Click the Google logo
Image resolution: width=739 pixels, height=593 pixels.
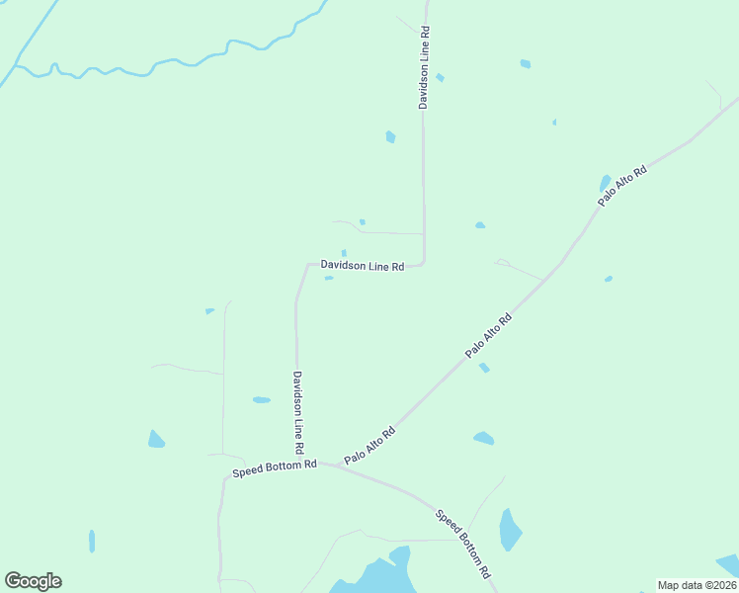point(33,581)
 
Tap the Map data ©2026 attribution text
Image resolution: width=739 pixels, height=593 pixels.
point(697,584)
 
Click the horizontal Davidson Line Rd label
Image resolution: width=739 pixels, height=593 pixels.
point(363,266)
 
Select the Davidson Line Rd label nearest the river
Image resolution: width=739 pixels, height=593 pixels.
point(424,67)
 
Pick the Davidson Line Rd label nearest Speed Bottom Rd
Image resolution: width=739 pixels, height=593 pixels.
point(296,405)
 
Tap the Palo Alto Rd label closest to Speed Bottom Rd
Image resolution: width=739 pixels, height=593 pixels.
point(369,446)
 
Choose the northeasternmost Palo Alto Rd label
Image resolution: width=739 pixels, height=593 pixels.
point(622,185)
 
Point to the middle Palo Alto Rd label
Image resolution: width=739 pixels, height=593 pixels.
point(490,335)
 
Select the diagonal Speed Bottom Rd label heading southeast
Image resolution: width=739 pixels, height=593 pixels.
point(463,544)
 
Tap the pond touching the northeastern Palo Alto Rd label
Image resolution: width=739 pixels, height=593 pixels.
point(605,184)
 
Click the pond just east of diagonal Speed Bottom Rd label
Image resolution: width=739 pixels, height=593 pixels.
point(509,529)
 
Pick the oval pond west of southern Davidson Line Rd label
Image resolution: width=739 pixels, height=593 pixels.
point(261,400)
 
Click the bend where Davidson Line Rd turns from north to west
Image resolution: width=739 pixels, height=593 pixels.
point(424,262)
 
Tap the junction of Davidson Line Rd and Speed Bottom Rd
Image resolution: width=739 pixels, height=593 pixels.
point(297,462)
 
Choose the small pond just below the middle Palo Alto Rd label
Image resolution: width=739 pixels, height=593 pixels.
point(484,368)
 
